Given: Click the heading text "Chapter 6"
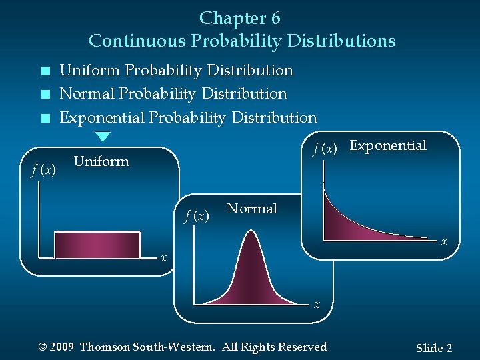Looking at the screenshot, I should (239, 18).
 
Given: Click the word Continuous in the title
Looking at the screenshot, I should (138, 41).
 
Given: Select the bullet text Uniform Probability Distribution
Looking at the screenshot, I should (176, 70).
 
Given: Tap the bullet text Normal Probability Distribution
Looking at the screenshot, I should (173, 94).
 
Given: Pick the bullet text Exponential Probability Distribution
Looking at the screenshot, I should (188, 118).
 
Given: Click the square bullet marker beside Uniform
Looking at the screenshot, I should (45, 71).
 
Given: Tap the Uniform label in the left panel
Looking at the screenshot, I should (101, 161).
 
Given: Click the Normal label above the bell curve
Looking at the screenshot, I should (251, 209).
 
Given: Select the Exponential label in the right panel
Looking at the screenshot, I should (387, 146).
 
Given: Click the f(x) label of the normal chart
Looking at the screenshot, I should (197, 215).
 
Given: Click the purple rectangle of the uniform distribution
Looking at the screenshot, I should (97, 244).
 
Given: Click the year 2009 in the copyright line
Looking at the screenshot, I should (61, 347).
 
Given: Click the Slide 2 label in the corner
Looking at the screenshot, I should (433, 348).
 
